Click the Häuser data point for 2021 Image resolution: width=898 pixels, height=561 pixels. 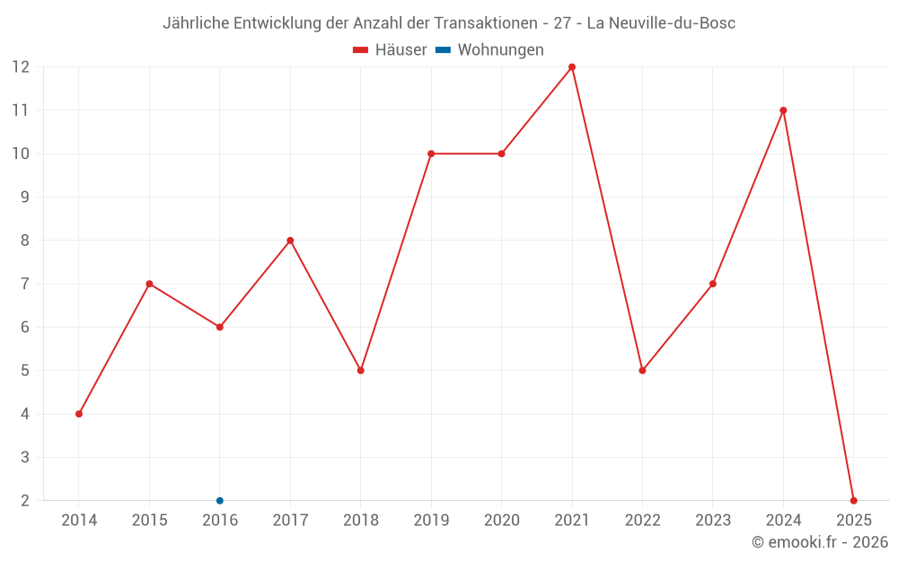click(x=572, y=67)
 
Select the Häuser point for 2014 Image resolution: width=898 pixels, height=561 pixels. click(x=79, y=414)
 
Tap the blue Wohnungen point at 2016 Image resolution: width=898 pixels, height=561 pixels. click(x=220, y=501)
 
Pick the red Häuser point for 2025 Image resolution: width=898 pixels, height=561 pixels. click(x=853, y=501)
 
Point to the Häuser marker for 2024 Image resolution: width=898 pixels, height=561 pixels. click(x=783, y=110)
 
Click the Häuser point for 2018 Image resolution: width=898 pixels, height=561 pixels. click(x=361, y=371)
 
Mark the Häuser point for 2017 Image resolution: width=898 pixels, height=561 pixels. click(x=290, y=241)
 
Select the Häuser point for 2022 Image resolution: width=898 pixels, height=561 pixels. click(x=642, y=371)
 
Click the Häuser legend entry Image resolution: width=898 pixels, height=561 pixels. click(x=390, y=50)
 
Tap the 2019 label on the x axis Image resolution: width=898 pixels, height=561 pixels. click(x=431, y=521)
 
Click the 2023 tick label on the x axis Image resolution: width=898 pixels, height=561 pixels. click(x=713, y=521)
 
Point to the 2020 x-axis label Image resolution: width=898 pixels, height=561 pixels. click(x=501, y=521)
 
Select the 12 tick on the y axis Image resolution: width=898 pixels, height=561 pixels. click(x=21, y=67)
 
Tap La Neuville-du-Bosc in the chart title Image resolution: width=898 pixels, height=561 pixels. click(x=661, y=23)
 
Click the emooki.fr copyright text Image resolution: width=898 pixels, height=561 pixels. click(x=819, y=542)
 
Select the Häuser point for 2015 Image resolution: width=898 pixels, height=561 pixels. click(x=149, y=284)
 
